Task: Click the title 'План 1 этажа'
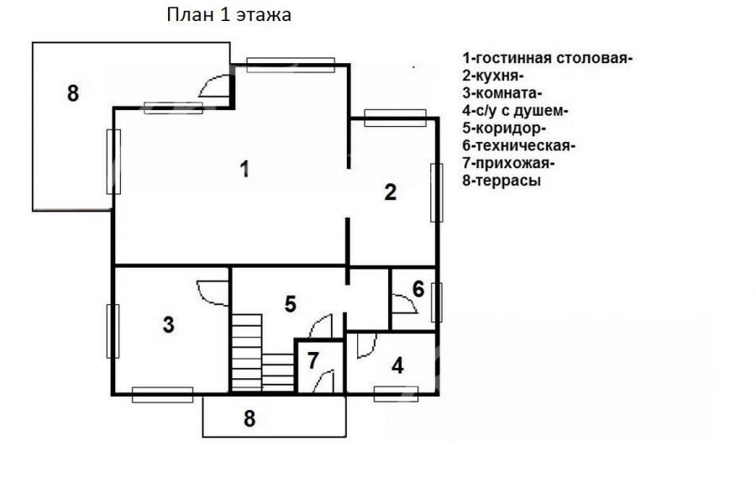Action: pyautogui.click(x=228, y=15)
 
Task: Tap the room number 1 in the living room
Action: pyautogui.click(x=245, y=170)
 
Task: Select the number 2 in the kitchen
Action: pyautogui.click(x=390, y=192)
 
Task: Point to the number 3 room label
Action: pyautogui.click(x=168, y=324)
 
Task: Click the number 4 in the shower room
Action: pyautogui.click(x=397, y=366)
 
